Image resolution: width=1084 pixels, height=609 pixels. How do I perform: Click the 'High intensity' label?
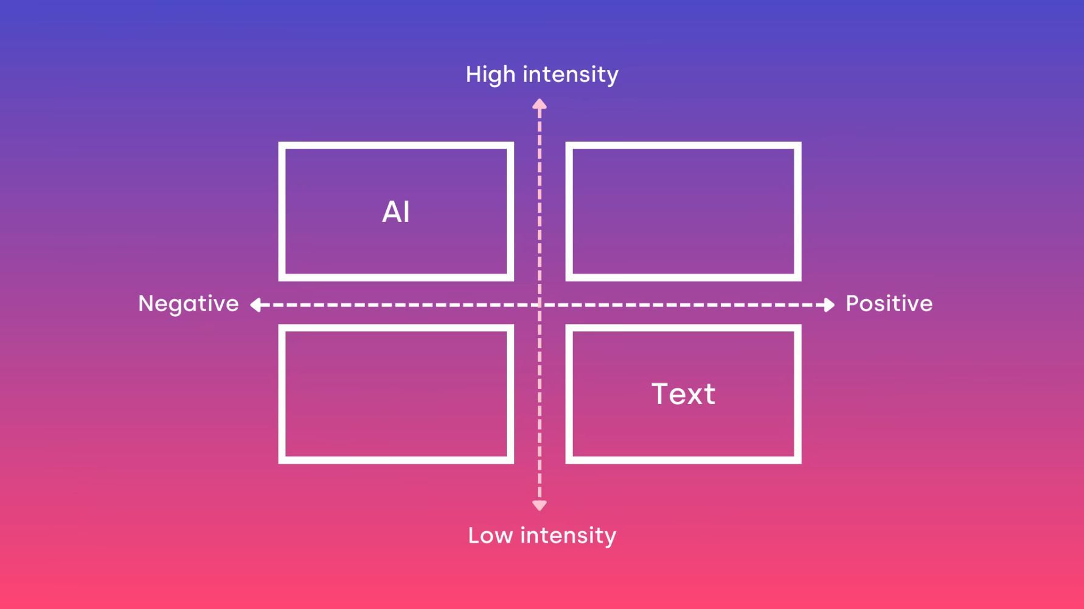542,75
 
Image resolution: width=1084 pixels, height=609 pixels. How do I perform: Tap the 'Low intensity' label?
542,535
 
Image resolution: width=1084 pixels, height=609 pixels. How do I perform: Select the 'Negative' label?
189,304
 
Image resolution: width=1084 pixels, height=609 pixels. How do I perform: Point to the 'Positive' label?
889,303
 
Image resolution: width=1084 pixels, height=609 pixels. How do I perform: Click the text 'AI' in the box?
396,212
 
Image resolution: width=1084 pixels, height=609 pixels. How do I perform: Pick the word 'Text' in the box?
683,394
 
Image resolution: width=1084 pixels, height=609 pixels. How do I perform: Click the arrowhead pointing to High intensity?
540,104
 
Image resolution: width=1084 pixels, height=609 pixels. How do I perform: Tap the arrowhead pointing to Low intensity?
540,505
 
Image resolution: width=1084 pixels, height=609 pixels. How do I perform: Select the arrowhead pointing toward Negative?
255,304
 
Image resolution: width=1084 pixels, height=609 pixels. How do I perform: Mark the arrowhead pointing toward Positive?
829,304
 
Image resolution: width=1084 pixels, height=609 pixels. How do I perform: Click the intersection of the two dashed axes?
540,304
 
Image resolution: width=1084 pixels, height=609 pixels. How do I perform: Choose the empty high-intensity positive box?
683,145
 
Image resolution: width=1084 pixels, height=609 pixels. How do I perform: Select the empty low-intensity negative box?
396,328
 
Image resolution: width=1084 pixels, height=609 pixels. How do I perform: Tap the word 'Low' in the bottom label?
490,535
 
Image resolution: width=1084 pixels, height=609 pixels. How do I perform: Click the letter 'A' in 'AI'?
391,212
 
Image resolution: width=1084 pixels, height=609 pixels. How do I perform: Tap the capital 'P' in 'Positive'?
853,303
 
